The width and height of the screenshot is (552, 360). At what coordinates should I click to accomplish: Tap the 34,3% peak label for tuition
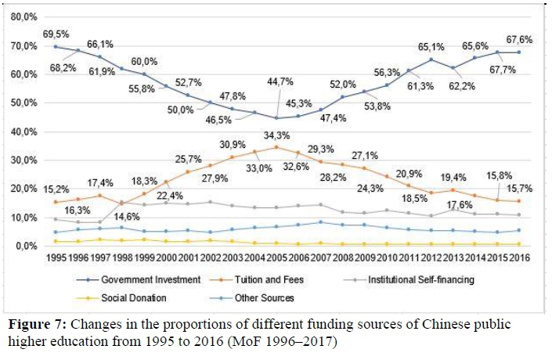[x=274, y=137]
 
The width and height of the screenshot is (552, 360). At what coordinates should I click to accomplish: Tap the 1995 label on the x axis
[x=55, y=257]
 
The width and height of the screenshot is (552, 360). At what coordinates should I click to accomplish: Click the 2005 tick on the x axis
[x=274, y=257]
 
